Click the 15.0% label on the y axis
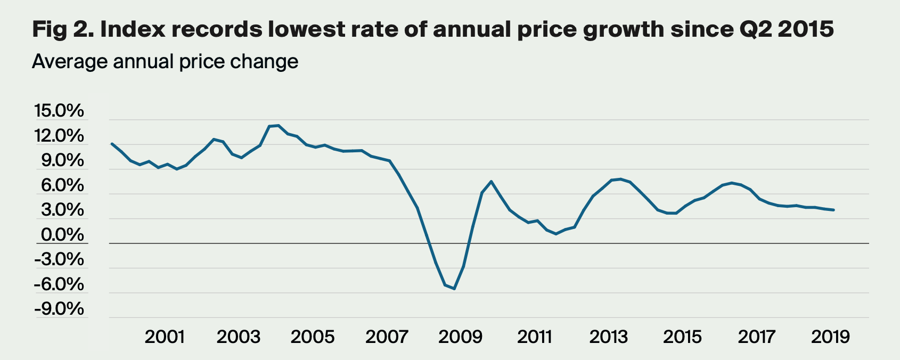click(x=59, y=111)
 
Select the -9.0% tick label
click(x=59, y=309)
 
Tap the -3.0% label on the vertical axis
click(x=59, y=260)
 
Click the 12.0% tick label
click(x=59, y=136)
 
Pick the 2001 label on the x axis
click(x=165, y=337)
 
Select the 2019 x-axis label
click(x=830, y=337)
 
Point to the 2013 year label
click(x=608, y=337)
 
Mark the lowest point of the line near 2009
click(x=454, y=289)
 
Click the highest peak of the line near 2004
click(x=279, y=125)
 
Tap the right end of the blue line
click(x=833, y=210)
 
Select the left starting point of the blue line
click(x=111, y=143)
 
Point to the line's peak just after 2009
click(x=491, y=182)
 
